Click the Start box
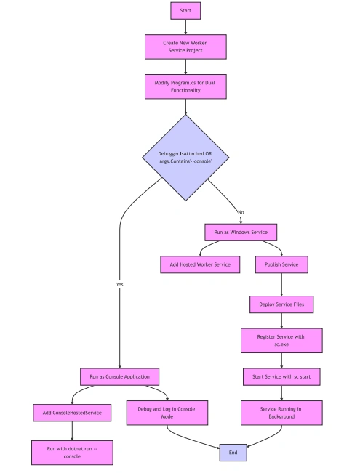coord(185,11)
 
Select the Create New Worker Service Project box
coord(185,47)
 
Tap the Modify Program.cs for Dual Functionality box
coord(185,86)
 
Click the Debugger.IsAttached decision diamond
coord(185,158)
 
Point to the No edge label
coord(241,212)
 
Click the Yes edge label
coord(119,285)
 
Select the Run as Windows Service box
coord(241,233)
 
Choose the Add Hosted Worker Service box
coord(200,264)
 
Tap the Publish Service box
coord(281,264)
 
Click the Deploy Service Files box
coord(281,304)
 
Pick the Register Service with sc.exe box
coord(281,341)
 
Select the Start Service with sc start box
coord(281,377)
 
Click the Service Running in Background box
coord(281,413)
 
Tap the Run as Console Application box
coord(119,377)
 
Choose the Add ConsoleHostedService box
coord(72,413)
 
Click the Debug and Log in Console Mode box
coord(167,413)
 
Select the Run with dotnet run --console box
coord(72,453)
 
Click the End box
coord(233,453)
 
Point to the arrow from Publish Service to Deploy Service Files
coord(281,285)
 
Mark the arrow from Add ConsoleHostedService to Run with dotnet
coord(72,431)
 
